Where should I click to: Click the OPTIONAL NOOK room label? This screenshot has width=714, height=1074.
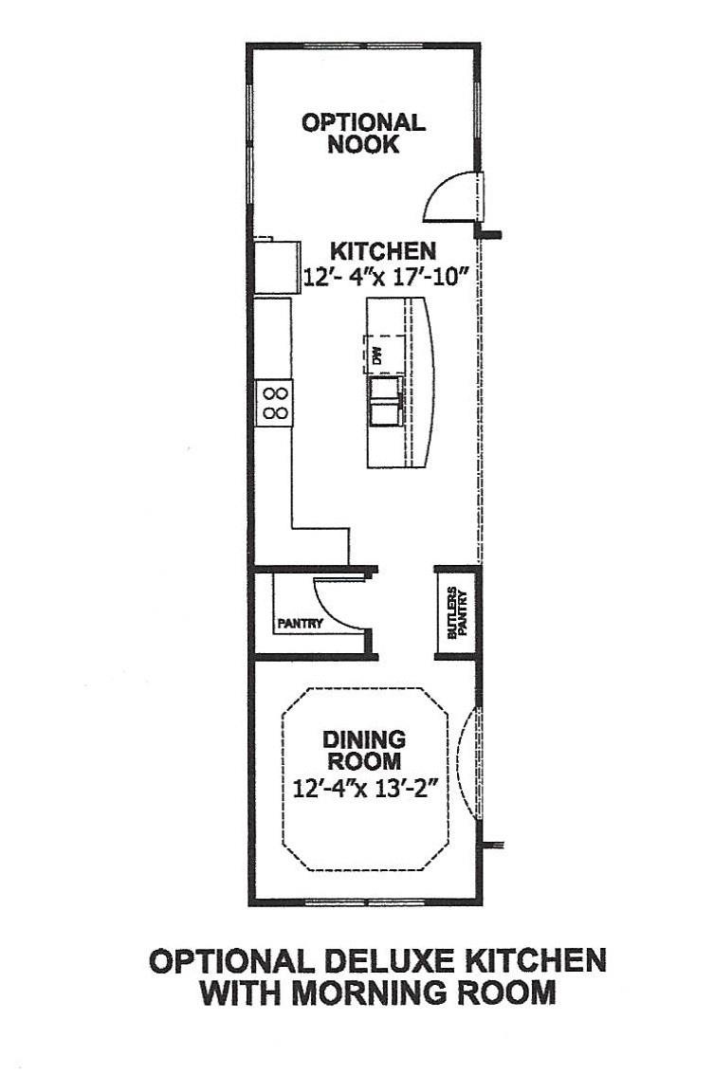363,134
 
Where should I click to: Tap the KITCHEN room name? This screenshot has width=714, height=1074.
382,251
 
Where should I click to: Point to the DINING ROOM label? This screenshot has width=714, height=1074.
363,750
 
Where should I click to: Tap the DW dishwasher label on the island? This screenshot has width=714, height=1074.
376,356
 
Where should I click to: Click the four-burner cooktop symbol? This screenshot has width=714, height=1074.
275,403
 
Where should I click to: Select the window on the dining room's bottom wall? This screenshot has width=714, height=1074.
364,901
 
